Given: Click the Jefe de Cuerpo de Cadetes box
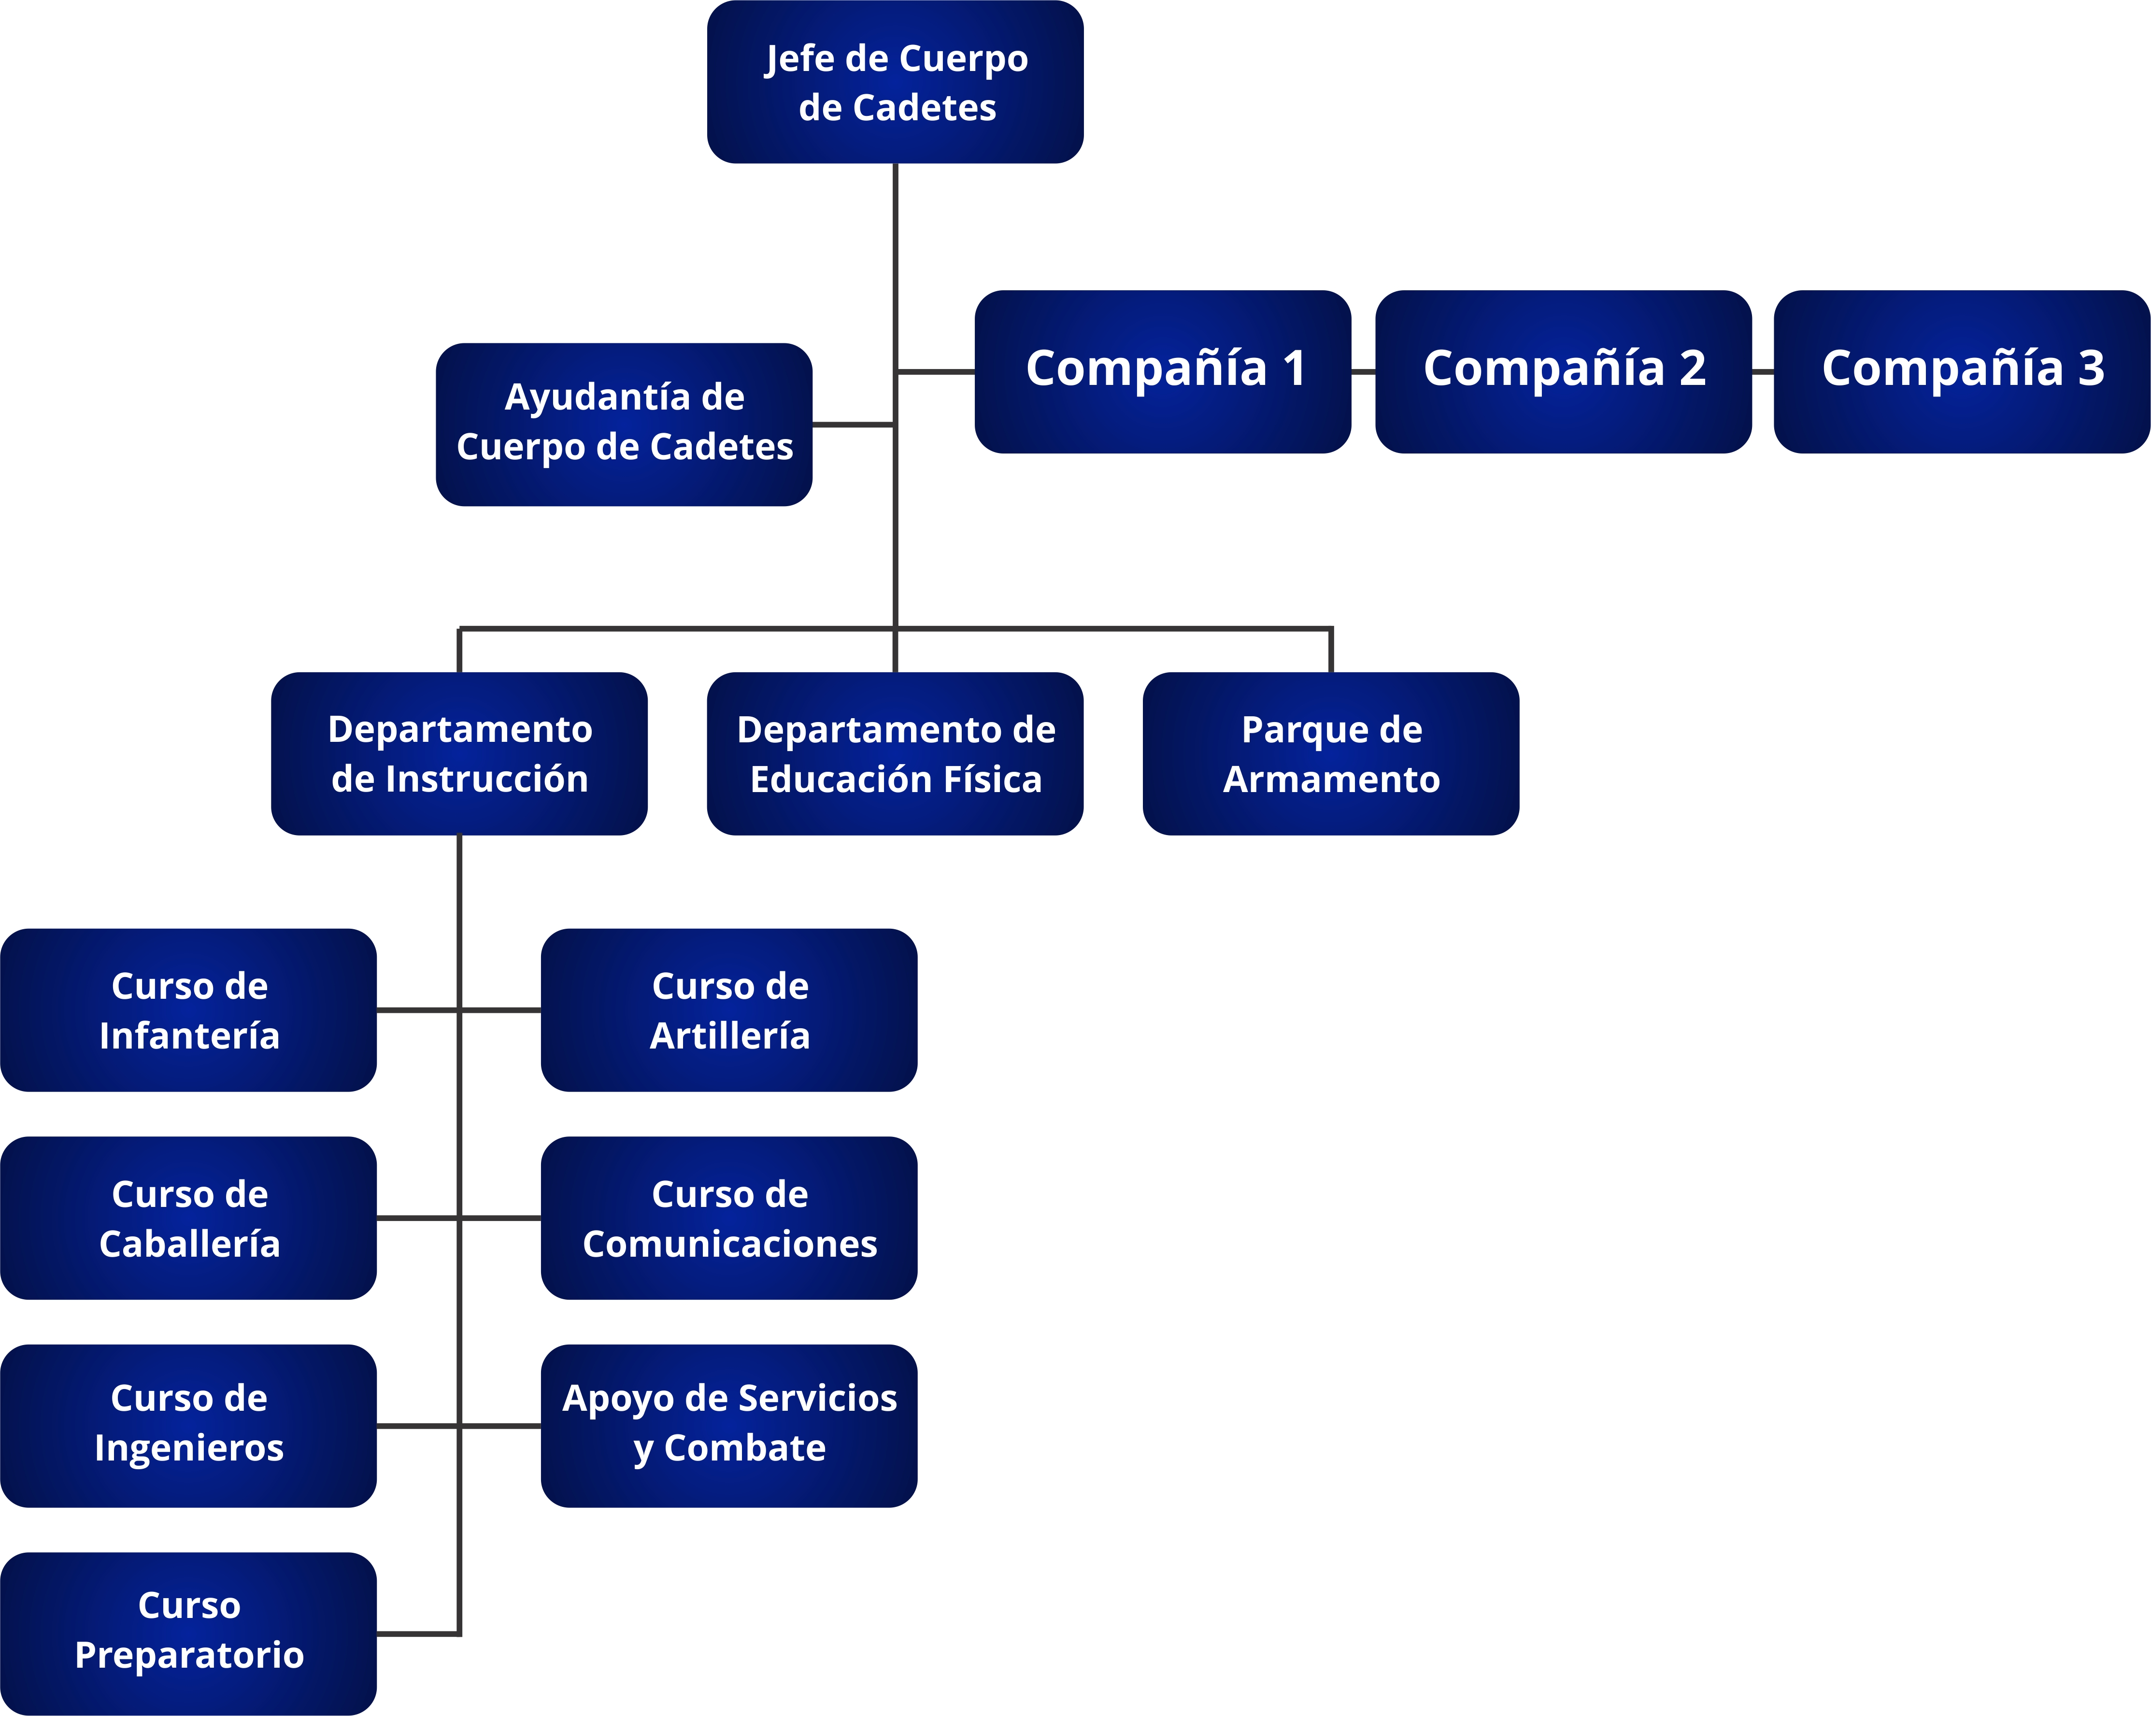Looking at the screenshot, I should click(895, 82).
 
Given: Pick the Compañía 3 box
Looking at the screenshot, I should click(1962, 371).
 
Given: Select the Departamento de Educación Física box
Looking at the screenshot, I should click(895, 753).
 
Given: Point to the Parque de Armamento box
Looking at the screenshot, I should click(1331, 753).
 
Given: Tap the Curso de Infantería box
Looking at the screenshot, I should click(188, 1009).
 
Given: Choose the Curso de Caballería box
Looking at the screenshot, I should click(188, 1217).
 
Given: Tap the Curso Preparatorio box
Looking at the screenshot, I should click(188, 1633).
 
